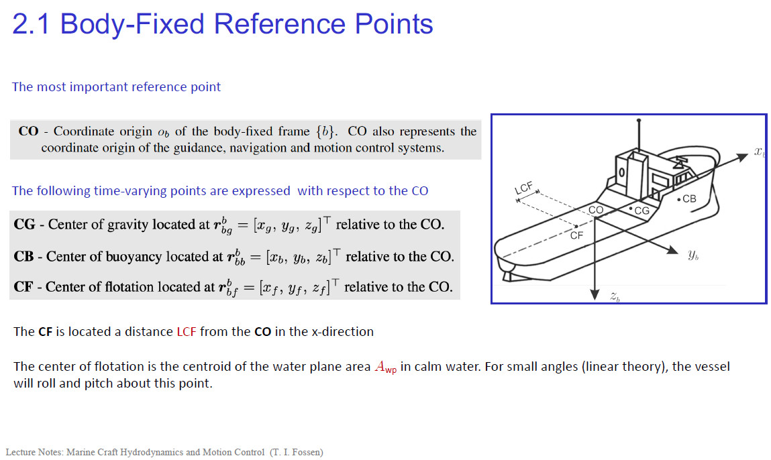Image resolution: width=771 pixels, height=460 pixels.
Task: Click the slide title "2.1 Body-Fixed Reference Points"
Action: (222, 24)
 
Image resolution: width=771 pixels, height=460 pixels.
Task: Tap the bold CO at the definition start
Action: (28, 131)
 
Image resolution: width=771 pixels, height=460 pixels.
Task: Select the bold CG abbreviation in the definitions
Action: (24, 225)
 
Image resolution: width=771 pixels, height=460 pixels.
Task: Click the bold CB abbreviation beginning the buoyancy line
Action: (23, 257)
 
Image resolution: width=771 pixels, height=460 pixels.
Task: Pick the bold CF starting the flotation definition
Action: (23, 286)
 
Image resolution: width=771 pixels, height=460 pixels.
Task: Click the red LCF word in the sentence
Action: (187, 332)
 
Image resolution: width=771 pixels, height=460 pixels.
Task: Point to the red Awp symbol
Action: (385, 367)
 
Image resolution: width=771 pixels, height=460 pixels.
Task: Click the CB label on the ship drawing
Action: (689, 199)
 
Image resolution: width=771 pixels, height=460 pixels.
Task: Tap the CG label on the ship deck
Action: (641, 211)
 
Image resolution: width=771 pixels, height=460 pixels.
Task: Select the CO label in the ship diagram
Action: (596, 210)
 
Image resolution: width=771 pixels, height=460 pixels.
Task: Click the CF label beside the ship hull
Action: (576, 235)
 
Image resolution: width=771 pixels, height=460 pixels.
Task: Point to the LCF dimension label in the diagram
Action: (523, 188)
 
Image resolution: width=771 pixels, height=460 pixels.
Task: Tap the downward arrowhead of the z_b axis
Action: (595, 294)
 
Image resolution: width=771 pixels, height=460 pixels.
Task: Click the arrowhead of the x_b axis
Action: (742, 158)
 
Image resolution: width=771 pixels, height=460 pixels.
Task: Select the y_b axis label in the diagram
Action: (693, 255)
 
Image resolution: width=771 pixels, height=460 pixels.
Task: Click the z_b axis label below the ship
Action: (615, 296)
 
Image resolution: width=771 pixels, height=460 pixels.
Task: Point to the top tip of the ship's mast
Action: (638, 120)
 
